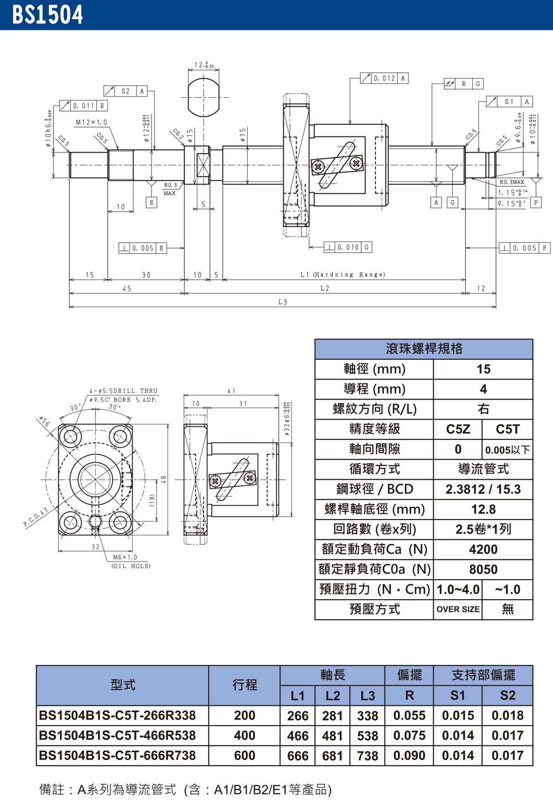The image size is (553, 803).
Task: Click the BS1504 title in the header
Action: tap(48, 15)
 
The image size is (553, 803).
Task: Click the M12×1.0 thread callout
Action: tap(91, 122)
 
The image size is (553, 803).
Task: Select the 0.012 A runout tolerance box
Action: tap(384, 78)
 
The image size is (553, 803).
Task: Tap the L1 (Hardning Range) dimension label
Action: tap(343, 275)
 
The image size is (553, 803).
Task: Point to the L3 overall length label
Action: tap(283, 302)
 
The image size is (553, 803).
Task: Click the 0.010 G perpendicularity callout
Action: tap(348, 248)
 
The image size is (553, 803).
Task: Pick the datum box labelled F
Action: tap(535, 203)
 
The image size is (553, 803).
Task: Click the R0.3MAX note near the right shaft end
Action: tap(512, 182)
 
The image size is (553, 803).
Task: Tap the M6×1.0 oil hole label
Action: tap(125, 558)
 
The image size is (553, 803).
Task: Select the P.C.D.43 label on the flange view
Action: tap(35, 516)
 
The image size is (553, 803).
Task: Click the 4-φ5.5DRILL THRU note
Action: tap(123, 391)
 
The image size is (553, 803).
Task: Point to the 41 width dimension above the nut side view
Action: tap(231, 391)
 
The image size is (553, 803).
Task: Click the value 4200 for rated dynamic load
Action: tap(483, 549)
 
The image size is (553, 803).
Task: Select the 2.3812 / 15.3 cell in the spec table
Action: tap(483, 489)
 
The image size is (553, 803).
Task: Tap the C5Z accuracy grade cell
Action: tap(458, 429)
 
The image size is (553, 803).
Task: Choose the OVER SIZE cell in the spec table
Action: tap(458, 609)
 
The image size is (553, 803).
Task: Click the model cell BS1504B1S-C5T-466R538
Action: tap(117, 736)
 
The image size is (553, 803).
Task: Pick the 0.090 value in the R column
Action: tap(409, 755)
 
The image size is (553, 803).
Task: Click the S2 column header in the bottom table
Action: tap(507, 695)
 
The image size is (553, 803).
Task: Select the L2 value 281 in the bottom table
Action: tap(332, 716)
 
